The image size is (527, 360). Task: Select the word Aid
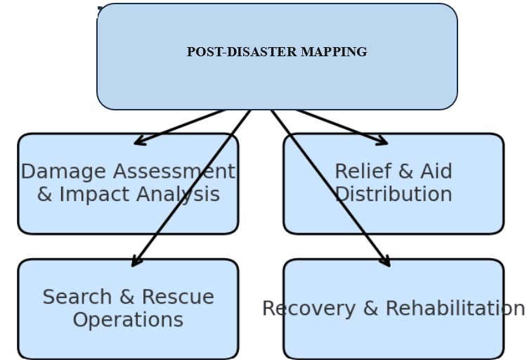coord(436,172)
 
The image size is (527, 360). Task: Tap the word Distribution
coord(393,194)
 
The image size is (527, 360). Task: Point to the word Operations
coord(128,320)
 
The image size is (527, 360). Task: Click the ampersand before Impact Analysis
coord(45,194)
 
